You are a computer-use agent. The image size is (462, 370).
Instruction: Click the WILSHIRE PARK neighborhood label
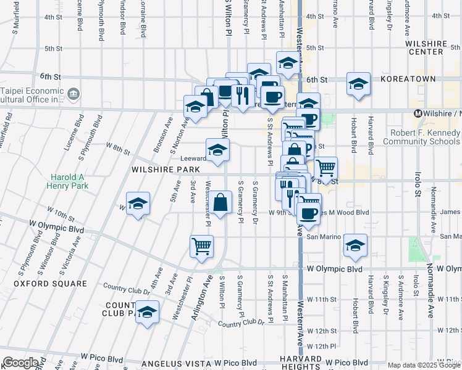[164, 169]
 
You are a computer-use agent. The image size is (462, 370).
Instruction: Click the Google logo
[20, 363]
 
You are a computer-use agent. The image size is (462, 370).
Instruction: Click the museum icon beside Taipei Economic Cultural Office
[73, 94]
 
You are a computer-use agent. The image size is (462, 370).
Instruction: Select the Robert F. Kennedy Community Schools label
[422, 137]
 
